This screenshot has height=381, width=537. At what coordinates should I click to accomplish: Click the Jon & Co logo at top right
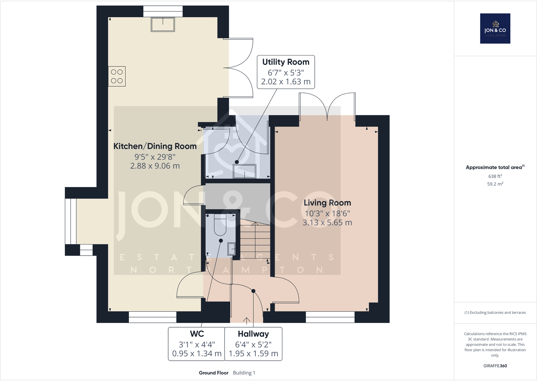point(495,28)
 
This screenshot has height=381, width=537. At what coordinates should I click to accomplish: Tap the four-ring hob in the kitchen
point(117,76)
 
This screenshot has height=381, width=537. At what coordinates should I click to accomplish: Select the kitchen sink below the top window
point(163,24)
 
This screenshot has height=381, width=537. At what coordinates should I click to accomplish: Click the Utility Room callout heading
point(286,62)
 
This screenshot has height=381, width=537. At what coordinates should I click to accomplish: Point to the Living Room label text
point(327,203)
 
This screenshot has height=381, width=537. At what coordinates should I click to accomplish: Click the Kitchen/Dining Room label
point(155,146)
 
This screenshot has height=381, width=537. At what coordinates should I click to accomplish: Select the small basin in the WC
point(232,249)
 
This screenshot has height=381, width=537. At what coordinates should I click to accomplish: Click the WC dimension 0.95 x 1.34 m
point(197,354)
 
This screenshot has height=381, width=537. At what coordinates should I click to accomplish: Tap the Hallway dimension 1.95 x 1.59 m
point(253,354)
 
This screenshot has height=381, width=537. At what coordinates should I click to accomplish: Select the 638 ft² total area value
point(495,176)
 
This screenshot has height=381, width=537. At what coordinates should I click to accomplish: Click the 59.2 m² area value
point(495,184)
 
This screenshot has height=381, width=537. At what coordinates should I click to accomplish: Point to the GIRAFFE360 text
point(495,366)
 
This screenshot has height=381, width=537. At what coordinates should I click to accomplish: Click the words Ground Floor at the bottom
point(213,373)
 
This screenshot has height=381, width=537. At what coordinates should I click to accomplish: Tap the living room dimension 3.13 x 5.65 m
point(327,222)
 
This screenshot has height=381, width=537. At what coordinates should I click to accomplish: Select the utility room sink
point(245,171)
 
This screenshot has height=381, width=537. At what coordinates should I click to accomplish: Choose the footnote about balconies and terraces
point(495,312)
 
